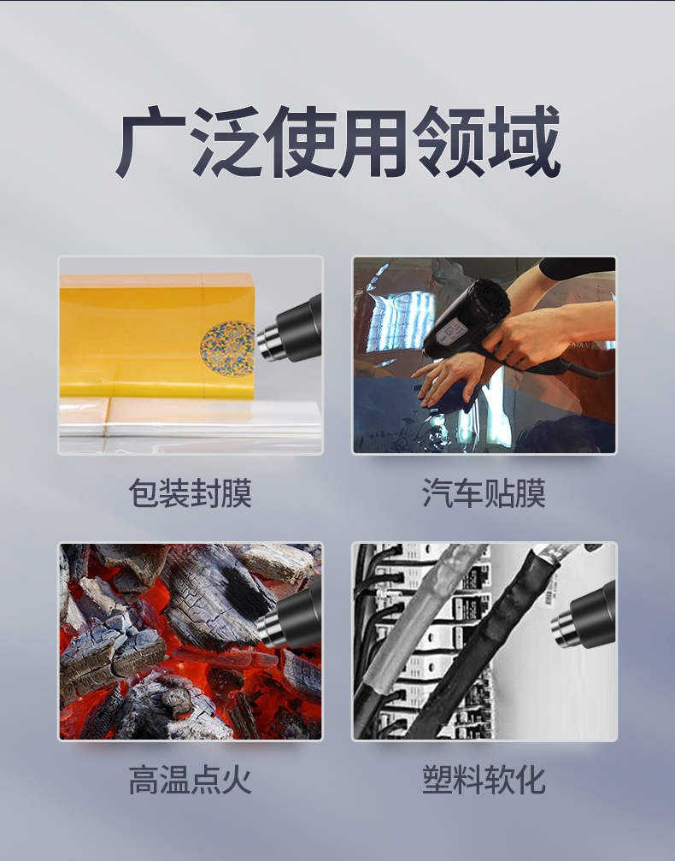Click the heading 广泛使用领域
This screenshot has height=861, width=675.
[337, 142]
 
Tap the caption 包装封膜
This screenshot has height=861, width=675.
[191, 493]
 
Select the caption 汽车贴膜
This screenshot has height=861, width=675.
[484, 493]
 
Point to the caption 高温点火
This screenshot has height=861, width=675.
[191, 780]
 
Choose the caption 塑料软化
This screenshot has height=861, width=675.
[484, 780]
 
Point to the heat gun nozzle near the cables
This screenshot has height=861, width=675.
[583, 617]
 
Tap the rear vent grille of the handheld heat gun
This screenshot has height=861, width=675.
[485, 298]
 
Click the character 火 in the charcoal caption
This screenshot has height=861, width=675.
[237, 780]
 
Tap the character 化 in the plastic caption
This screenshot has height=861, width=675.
[530, 780]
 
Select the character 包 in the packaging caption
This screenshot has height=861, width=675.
[144, 493]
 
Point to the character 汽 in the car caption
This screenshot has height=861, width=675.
[437, 493]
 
